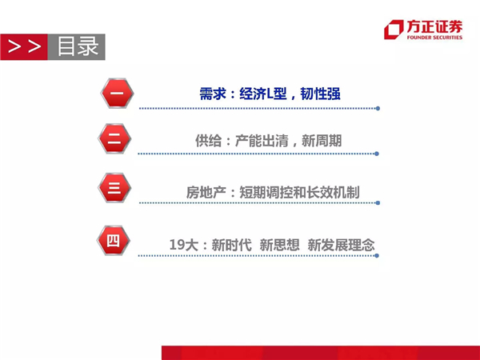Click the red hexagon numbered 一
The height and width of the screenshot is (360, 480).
click(117, 93)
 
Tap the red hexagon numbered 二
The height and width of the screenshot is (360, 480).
click(114, 138)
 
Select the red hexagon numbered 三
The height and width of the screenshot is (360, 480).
click(114, 188)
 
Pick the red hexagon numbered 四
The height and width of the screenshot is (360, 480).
click(114, 241)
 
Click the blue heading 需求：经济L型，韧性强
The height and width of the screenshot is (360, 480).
click(270, 94)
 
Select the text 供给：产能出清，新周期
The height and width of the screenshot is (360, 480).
click(269, 141)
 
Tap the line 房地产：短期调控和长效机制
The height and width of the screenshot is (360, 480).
click(273, 192)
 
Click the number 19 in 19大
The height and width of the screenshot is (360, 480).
click(177, 245)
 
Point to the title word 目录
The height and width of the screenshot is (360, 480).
click(78, 46)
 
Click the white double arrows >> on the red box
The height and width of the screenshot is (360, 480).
click(24, 46)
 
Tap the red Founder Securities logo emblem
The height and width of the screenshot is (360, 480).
click(394, 30)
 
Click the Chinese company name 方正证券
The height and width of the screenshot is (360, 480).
click(434, 26)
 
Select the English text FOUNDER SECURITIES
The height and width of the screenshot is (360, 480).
click(434, 38)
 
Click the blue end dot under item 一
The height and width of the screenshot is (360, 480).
click(378, 108)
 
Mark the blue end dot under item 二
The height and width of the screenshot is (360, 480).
click(377, 154)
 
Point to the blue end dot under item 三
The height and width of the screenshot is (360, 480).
click(378, 203)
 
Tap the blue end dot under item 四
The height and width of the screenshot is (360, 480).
click(377, 256)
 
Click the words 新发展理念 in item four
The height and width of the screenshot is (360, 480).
click(341, 245)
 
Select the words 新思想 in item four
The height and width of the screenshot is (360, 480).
click(279, 245)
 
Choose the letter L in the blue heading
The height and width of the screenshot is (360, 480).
click(270, 94)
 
